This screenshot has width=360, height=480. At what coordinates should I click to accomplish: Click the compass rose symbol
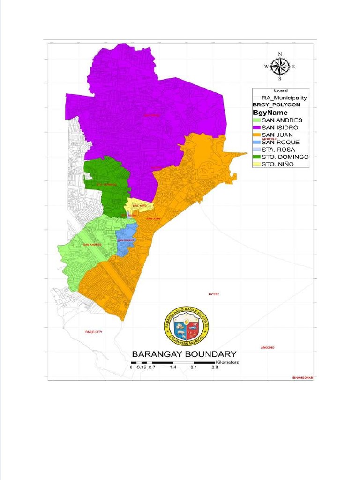point(280,67)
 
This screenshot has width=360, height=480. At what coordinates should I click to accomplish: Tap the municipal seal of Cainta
point(187,326)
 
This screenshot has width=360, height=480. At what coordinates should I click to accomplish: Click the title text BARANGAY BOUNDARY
point(184,354)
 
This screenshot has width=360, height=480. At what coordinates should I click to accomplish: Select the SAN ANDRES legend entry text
point(282,120)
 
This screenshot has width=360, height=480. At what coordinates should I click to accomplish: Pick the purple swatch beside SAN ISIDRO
point(256,127)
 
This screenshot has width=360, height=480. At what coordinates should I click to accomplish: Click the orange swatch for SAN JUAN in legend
point(256,135)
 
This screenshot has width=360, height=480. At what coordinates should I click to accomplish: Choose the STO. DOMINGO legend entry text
point(285,157)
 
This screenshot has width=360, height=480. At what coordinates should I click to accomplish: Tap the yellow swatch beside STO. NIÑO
point(256,165)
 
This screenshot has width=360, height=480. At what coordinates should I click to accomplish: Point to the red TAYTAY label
point(214,294)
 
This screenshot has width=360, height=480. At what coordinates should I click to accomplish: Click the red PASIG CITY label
point(94,331)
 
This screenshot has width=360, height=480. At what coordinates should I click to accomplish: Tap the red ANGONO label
point(267,347)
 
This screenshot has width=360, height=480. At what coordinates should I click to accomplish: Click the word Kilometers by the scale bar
point(227,362)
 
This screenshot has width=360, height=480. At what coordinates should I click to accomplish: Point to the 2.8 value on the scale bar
point(215,368)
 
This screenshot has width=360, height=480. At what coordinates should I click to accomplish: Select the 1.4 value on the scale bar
point(173,368)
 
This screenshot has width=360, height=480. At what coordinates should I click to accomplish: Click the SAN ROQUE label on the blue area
point(126,240)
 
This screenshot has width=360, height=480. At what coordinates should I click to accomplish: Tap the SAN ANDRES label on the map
point(92,244)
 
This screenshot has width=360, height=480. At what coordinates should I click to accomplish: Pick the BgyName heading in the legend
point(270,112)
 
